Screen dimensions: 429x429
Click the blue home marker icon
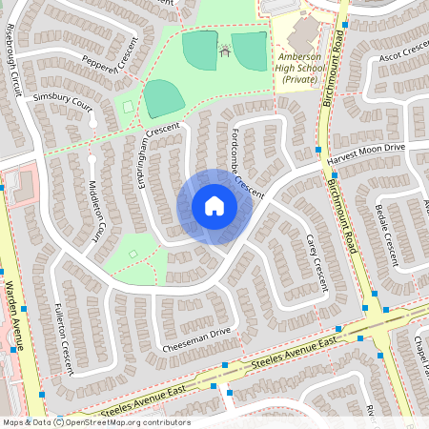coord(214,206)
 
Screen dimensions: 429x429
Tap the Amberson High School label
coord(305,73)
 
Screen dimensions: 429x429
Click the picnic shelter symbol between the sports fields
coord(225,51)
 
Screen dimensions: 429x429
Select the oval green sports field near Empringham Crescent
coord(163,98)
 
